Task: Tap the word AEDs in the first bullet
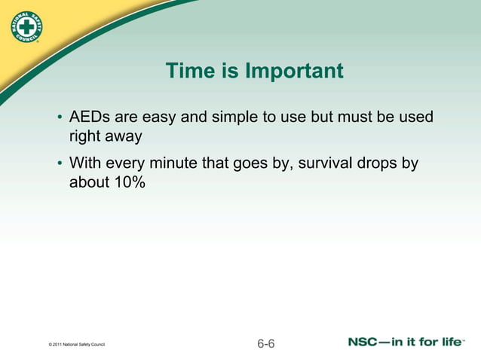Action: tap(89, 118)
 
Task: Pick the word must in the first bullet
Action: tap(360, 118)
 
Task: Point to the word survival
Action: tap(326, 163)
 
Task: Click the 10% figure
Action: tap(128, 183)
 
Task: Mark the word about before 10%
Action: tap(89, 183)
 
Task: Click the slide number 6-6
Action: tap(266, 344)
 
